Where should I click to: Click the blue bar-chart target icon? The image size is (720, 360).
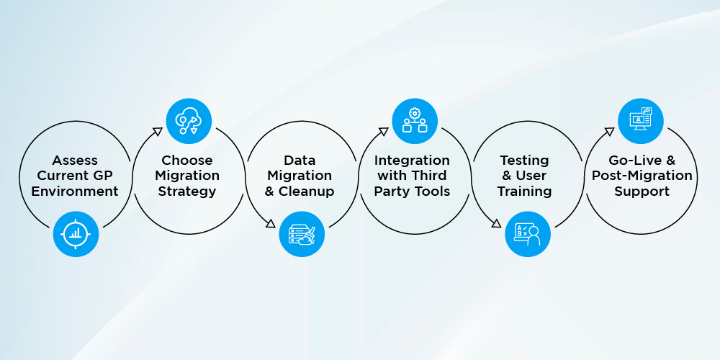(x=76, y=234)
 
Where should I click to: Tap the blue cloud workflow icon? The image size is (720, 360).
(x=189, y=121)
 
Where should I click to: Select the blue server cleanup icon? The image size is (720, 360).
(x=302, y=234)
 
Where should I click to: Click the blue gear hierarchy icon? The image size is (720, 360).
(x=415, y=121)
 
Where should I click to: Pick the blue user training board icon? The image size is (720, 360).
(x=528, y=234)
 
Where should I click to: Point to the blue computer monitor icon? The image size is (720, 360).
(x=641, y=121)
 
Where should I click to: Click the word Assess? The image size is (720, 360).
(x=75, y=161)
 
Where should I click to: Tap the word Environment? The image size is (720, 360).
(x=75, y=191)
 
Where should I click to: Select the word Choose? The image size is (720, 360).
(x=187, y=161)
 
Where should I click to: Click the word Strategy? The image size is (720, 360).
(x=187, y=192)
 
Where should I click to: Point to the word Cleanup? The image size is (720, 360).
(x=306, y=192)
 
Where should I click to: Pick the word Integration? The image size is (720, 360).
(x=412, y=161)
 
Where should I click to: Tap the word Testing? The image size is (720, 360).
(x=524, y=161)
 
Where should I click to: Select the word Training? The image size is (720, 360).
(x=524, y=192)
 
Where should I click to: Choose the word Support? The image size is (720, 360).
(x=642, y=192)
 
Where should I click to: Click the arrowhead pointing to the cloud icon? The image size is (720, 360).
(x=158, y=132)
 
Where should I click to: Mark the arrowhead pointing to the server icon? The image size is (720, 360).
(x=271, y=224)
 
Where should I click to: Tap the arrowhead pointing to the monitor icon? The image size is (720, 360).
(x=609, y=132)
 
